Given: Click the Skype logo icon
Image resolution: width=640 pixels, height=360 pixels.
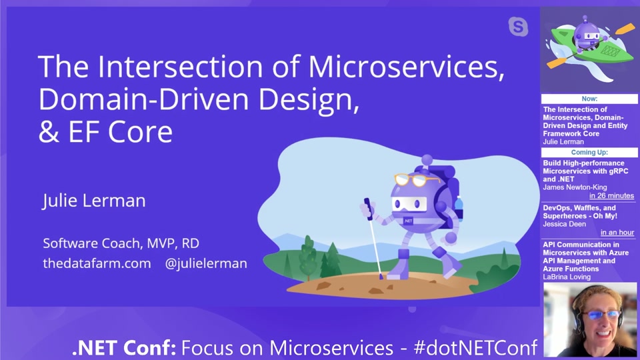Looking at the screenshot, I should (x=518, y=27).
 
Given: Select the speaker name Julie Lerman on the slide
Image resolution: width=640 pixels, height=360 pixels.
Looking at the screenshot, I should (x=94, y=201).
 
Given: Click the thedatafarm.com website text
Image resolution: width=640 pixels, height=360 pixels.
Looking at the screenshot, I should (x=97, y=263).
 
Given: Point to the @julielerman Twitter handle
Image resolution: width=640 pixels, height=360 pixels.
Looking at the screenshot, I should (x=206, y=263).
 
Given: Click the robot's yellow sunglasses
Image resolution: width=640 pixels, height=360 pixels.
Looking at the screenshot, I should (x=417, y=180).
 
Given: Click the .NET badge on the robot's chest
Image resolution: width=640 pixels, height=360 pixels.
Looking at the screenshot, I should (x=407, y=219).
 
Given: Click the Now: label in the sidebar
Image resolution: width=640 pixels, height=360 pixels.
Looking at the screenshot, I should (x=589, y=99).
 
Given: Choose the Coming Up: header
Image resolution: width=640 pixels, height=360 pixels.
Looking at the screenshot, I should (x=589, y=153).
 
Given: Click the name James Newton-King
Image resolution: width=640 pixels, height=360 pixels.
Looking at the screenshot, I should (x=575, y=187).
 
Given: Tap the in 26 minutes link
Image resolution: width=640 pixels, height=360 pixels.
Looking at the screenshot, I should (x=611, y=196).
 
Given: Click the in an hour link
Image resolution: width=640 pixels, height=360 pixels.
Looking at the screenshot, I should (x=617, y=233).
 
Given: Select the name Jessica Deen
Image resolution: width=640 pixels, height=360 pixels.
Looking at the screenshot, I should (x=565, y=225).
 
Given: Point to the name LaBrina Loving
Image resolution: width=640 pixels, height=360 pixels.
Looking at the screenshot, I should (x=567, y=277).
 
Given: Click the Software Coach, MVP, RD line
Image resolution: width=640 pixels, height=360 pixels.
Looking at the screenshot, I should (x=111, y=243).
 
